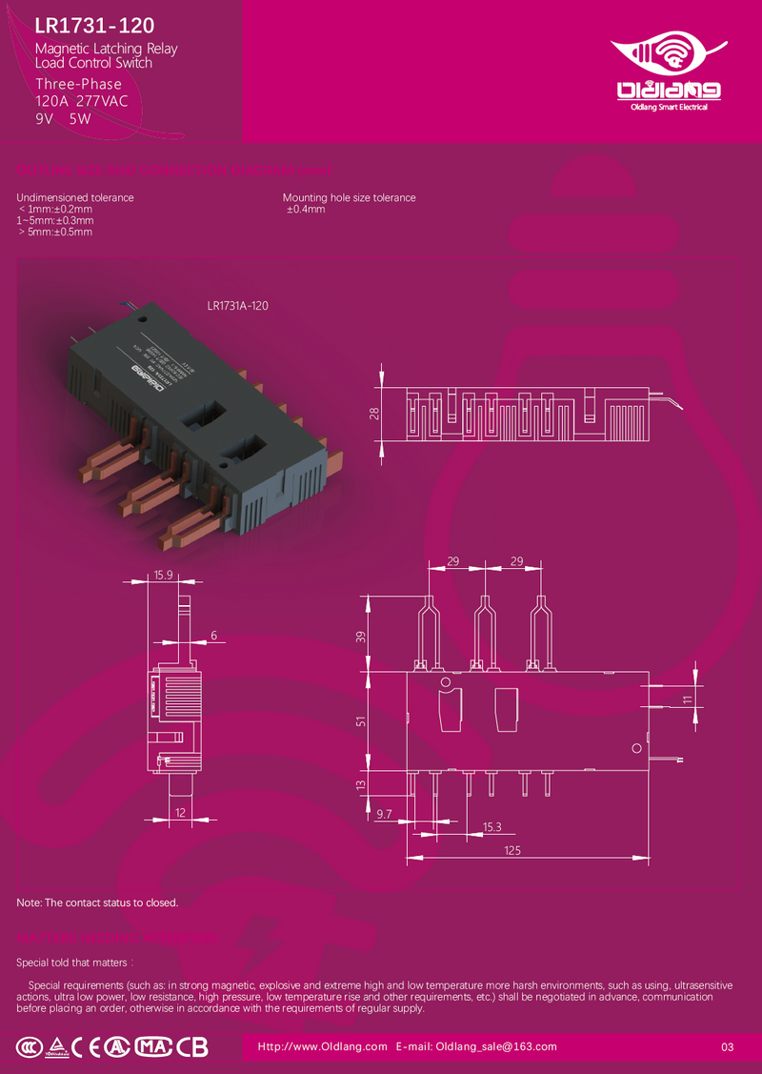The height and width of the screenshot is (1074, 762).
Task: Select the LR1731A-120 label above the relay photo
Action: point(237,306)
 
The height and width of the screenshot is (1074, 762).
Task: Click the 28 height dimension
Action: point(374,413)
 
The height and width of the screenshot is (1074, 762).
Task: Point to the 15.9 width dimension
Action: point(163,575)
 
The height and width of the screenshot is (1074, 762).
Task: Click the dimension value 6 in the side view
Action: point(213,635)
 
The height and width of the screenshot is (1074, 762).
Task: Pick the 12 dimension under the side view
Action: point(180,812)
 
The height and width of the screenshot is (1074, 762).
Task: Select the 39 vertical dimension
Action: point(360,636)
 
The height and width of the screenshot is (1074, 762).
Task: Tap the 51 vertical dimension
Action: point(360,721)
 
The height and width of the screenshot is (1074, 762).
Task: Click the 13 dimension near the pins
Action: point(360,784)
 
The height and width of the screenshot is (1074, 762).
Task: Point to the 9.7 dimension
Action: point(385,813)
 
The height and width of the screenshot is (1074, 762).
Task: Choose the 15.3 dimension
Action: point(491,826)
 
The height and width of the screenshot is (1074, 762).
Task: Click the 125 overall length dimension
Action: point(512,849)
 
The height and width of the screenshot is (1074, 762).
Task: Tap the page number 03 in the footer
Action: point(728,1047)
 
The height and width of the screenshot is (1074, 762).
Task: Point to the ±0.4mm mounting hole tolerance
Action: point(307,209)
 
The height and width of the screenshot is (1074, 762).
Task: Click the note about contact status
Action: point(97,902)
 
